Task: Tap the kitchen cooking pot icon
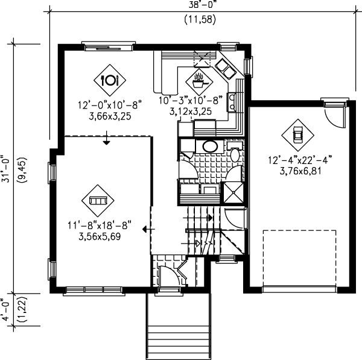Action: [x=199, y=78]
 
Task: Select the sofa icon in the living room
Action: [x=97, y=201]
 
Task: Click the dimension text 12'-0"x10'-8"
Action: [x=109, y=104]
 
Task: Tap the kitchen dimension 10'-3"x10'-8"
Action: [x=190, y=100]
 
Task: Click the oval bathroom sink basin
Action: [x=209, y=146]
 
